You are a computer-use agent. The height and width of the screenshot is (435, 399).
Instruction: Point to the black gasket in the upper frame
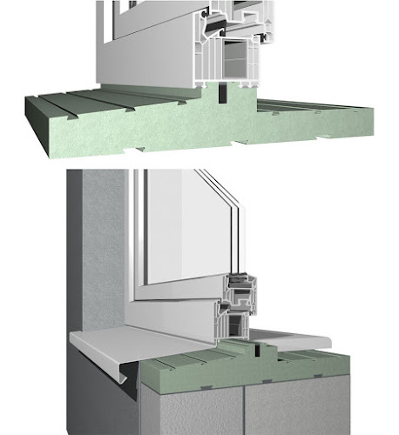206,38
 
